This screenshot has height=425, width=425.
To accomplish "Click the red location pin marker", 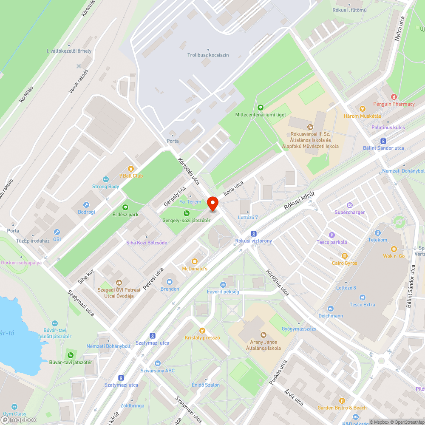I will [212, 204].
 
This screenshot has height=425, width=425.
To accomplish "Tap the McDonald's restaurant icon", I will [195, 261].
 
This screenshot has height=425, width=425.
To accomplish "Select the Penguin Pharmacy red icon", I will [394, 97].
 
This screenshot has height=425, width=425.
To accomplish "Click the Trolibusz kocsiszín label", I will [208, 55].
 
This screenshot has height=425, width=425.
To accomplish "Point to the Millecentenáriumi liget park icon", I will [260, 108].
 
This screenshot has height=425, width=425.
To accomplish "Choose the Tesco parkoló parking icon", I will [332, 235].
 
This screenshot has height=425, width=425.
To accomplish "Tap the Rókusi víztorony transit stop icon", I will [254, 233].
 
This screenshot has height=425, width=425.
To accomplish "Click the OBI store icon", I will [57, 232].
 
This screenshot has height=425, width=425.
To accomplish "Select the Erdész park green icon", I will [125, 207].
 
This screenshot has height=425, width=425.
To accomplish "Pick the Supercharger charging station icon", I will [350, 205].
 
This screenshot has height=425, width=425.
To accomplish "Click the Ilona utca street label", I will [233, 190].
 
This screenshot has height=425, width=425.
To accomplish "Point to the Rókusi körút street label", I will [300, 201].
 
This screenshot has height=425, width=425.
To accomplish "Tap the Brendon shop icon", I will [170, 281].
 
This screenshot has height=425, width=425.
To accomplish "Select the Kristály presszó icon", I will [202, 330].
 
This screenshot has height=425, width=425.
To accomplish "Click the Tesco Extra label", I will [362, 304].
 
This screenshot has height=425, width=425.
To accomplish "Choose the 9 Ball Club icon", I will [131, 169].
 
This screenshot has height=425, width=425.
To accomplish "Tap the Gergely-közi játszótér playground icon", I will [186, 213].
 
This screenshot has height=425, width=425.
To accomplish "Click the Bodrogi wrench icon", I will [86, 204].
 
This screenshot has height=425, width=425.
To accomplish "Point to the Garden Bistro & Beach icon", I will [342, 400].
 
